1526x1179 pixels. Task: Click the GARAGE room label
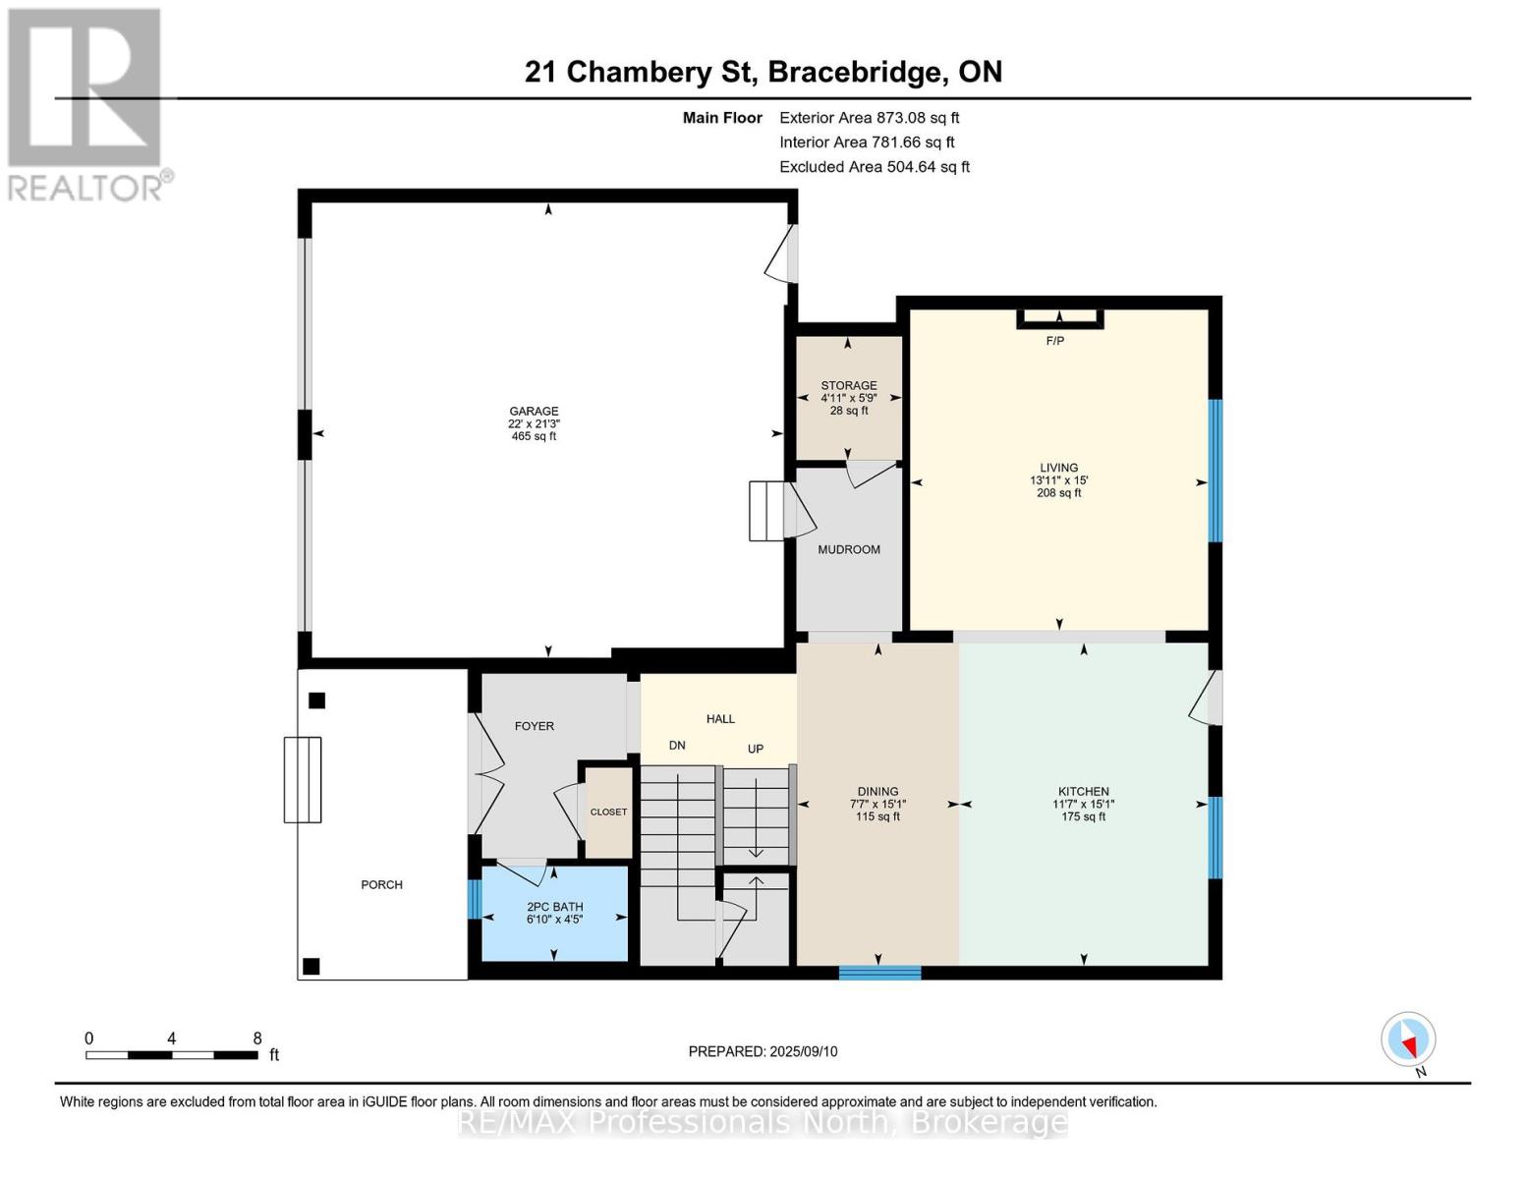(534, 412)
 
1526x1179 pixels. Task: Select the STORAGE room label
(849, 386)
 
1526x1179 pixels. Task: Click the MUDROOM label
(849, 549)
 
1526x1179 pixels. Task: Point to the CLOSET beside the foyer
(608, 812)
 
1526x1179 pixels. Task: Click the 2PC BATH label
(554, 907)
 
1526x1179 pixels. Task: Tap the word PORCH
(381, 884)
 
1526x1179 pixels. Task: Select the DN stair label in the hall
(677, 746)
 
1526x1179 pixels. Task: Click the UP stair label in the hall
(756, 749)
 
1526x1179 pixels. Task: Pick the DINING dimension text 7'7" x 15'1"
(877, 804)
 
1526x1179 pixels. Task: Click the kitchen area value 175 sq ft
(1083, 816)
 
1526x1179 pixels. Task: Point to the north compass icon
(1408, 1039)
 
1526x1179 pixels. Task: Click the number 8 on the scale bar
(257, 1039)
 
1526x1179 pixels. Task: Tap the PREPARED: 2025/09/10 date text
(763, 1051)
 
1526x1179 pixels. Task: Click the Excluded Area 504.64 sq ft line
(875, 167)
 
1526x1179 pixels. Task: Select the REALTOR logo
(86, 103)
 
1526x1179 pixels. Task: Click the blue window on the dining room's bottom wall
(879, 973)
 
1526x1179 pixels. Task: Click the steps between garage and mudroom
(768, 511)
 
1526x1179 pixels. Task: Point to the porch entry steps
(303, 779)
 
